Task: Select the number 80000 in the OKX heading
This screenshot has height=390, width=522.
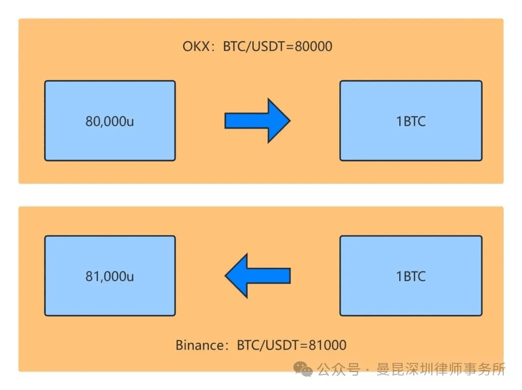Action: coord(314,46)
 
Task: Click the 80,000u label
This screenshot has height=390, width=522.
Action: coord(110,121)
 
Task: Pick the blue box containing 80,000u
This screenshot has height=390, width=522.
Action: coord(110,120)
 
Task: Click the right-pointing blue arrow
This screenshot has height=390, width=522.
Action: coord(257,120)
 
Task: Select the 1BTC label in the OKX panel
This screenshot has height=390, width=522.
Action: coord(411,121)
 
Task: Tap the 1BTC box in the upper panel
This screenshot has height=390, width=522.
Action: coord(411,120)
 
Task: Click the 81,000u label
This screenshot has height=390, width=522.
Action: coord(110,276)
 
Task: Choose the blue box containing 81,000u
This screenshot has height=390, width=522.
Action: coord(110,275)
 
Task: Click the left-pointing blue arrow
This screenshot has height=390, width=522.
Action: coord(257,275)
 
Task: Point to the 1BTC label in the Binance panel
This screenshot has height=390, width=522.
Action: coord(411,276)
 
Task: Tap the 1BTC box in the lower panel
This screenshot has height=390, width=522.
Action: coord(411,275)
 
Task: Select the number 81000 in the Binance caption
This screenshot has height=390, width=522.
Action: coord(328,345)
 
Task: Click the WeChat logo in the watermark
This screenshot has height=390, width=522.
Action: coord(303,369)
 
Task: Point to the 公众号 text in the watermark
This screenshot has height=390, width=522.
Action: coord(338,369)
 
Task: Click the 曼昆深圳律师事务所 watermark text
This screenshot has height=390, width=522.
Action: coord(441,369)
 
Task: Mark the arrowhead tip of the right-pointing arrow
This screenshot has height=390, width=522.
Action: coord(290,120)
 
